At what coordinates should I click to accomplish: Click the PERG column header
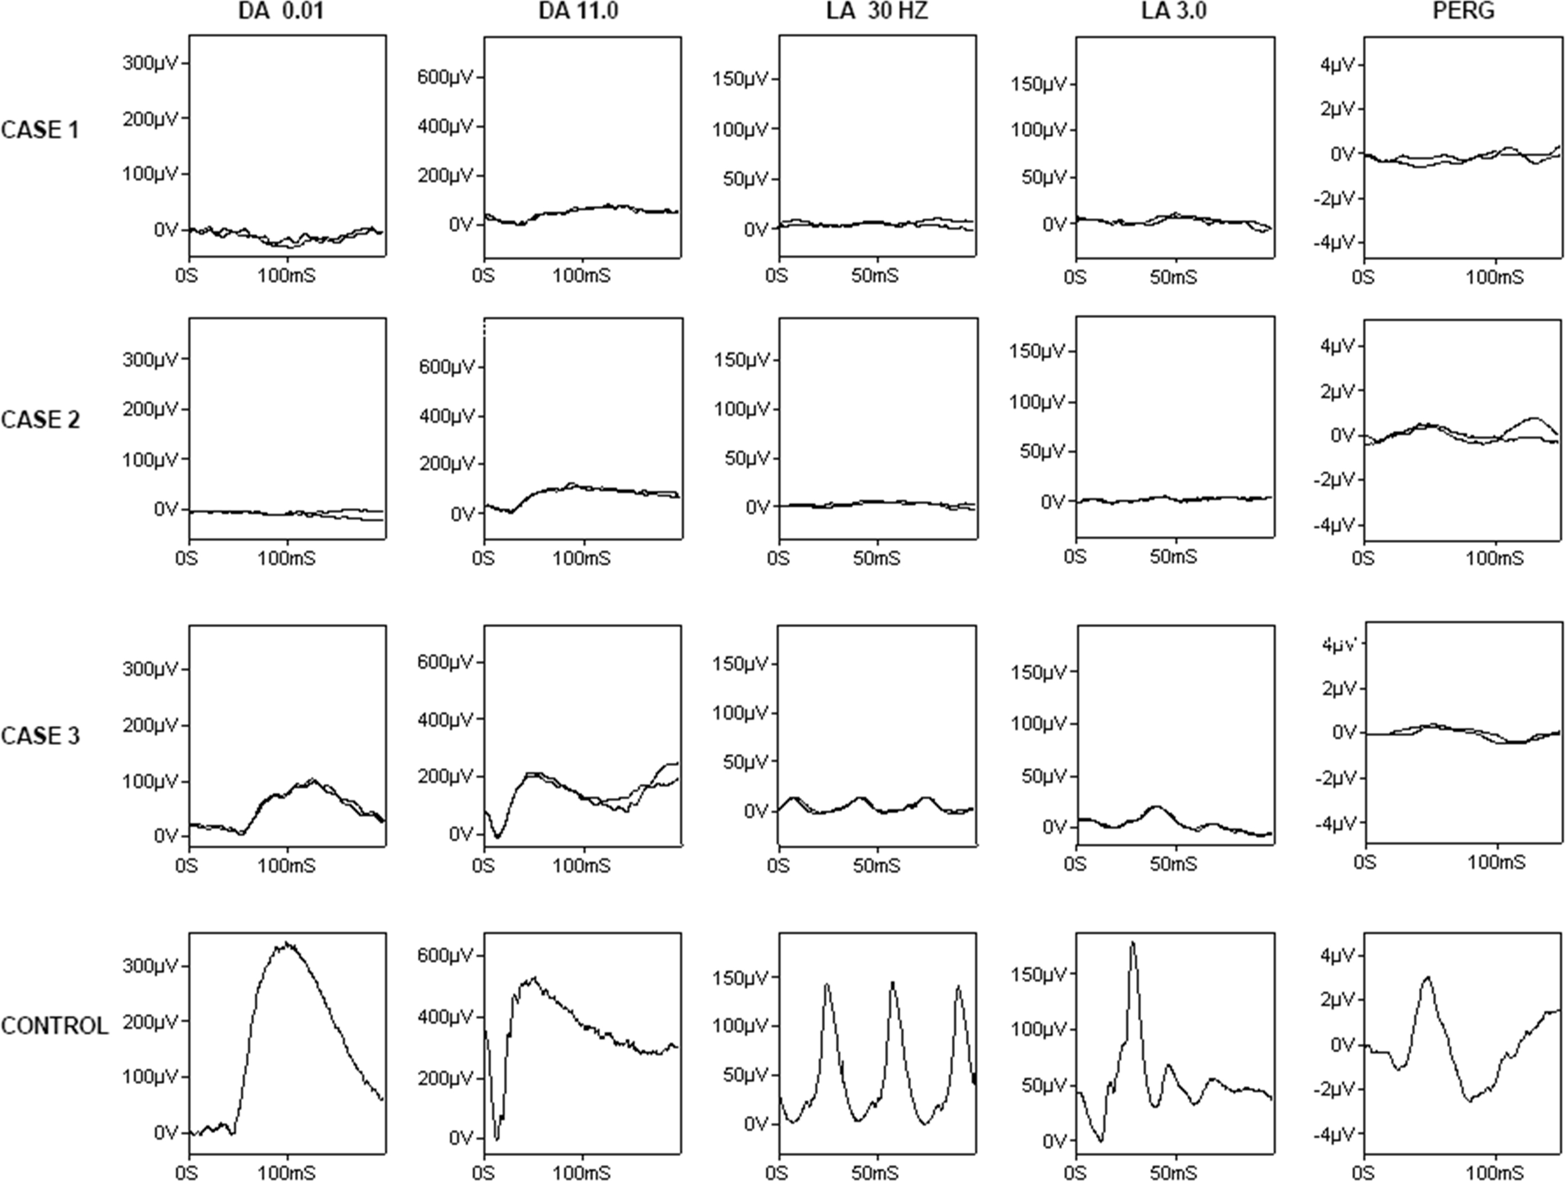(1463, 12)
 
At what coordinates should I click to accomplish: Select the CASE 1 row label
(40, 130)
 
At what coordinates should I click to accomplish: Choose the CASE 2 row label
(40, 419)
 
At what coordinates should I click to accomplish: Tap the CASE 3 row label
(40, 736)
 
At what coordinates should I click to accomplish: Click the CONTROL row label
(55, 1025)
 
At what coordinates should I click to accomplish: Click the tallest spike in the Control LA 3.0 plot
(1133, 943)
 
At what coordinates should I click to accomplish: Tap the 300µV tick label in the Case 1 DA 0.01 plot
(151, 63)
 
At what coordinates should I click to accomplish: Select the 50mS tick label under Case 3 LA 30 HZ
(876, 866)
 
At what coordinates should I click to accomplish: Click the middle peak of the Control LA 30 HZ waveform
(892, 983)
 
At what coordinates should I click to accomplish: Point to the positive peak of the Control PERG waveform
(1428, 977)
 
